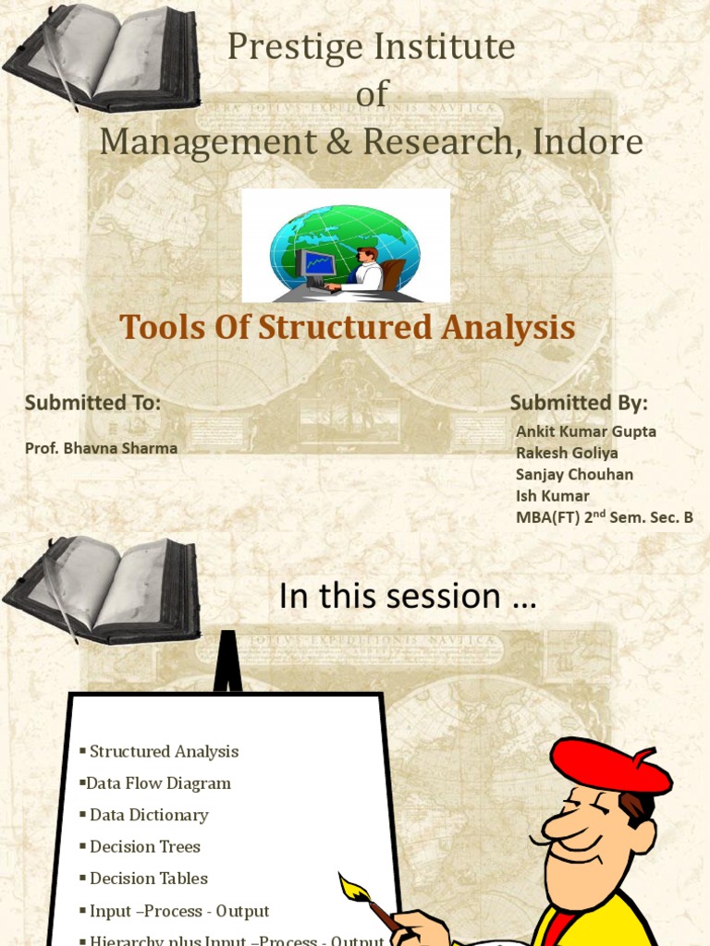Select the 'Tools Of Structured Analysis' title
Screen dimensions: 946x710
point(348,327)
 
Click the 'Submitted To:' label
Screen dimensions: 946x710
point(92,403)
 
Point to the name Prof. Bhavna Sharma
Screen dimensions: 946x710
point(101,448)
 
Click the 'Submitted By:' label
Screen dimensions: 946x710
point(579,403)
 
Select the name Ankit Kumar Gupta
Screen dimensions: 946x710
point(586,431)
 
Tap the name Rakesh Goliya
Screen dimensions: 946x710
point(567,453)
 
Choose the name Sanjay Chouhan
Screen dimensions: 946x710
point(574,474)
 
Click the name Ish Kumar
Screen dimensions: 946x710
point(552,495)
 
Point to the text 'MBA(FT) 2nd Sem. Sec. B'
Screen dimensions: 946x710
point(604,517)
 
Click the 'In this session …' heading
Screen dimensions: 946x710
point(407,597)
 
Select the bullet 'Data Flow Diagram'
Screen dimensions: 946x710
point(158,783)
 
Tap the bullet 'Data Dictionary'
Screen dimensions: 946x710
point(149,815)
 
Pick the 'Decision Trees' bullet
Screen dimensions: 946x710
point(144,846)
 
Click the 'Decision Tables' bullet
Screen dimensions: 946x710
point(148,879)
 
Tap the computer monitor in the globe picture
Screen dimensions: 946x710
point(317,265)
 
